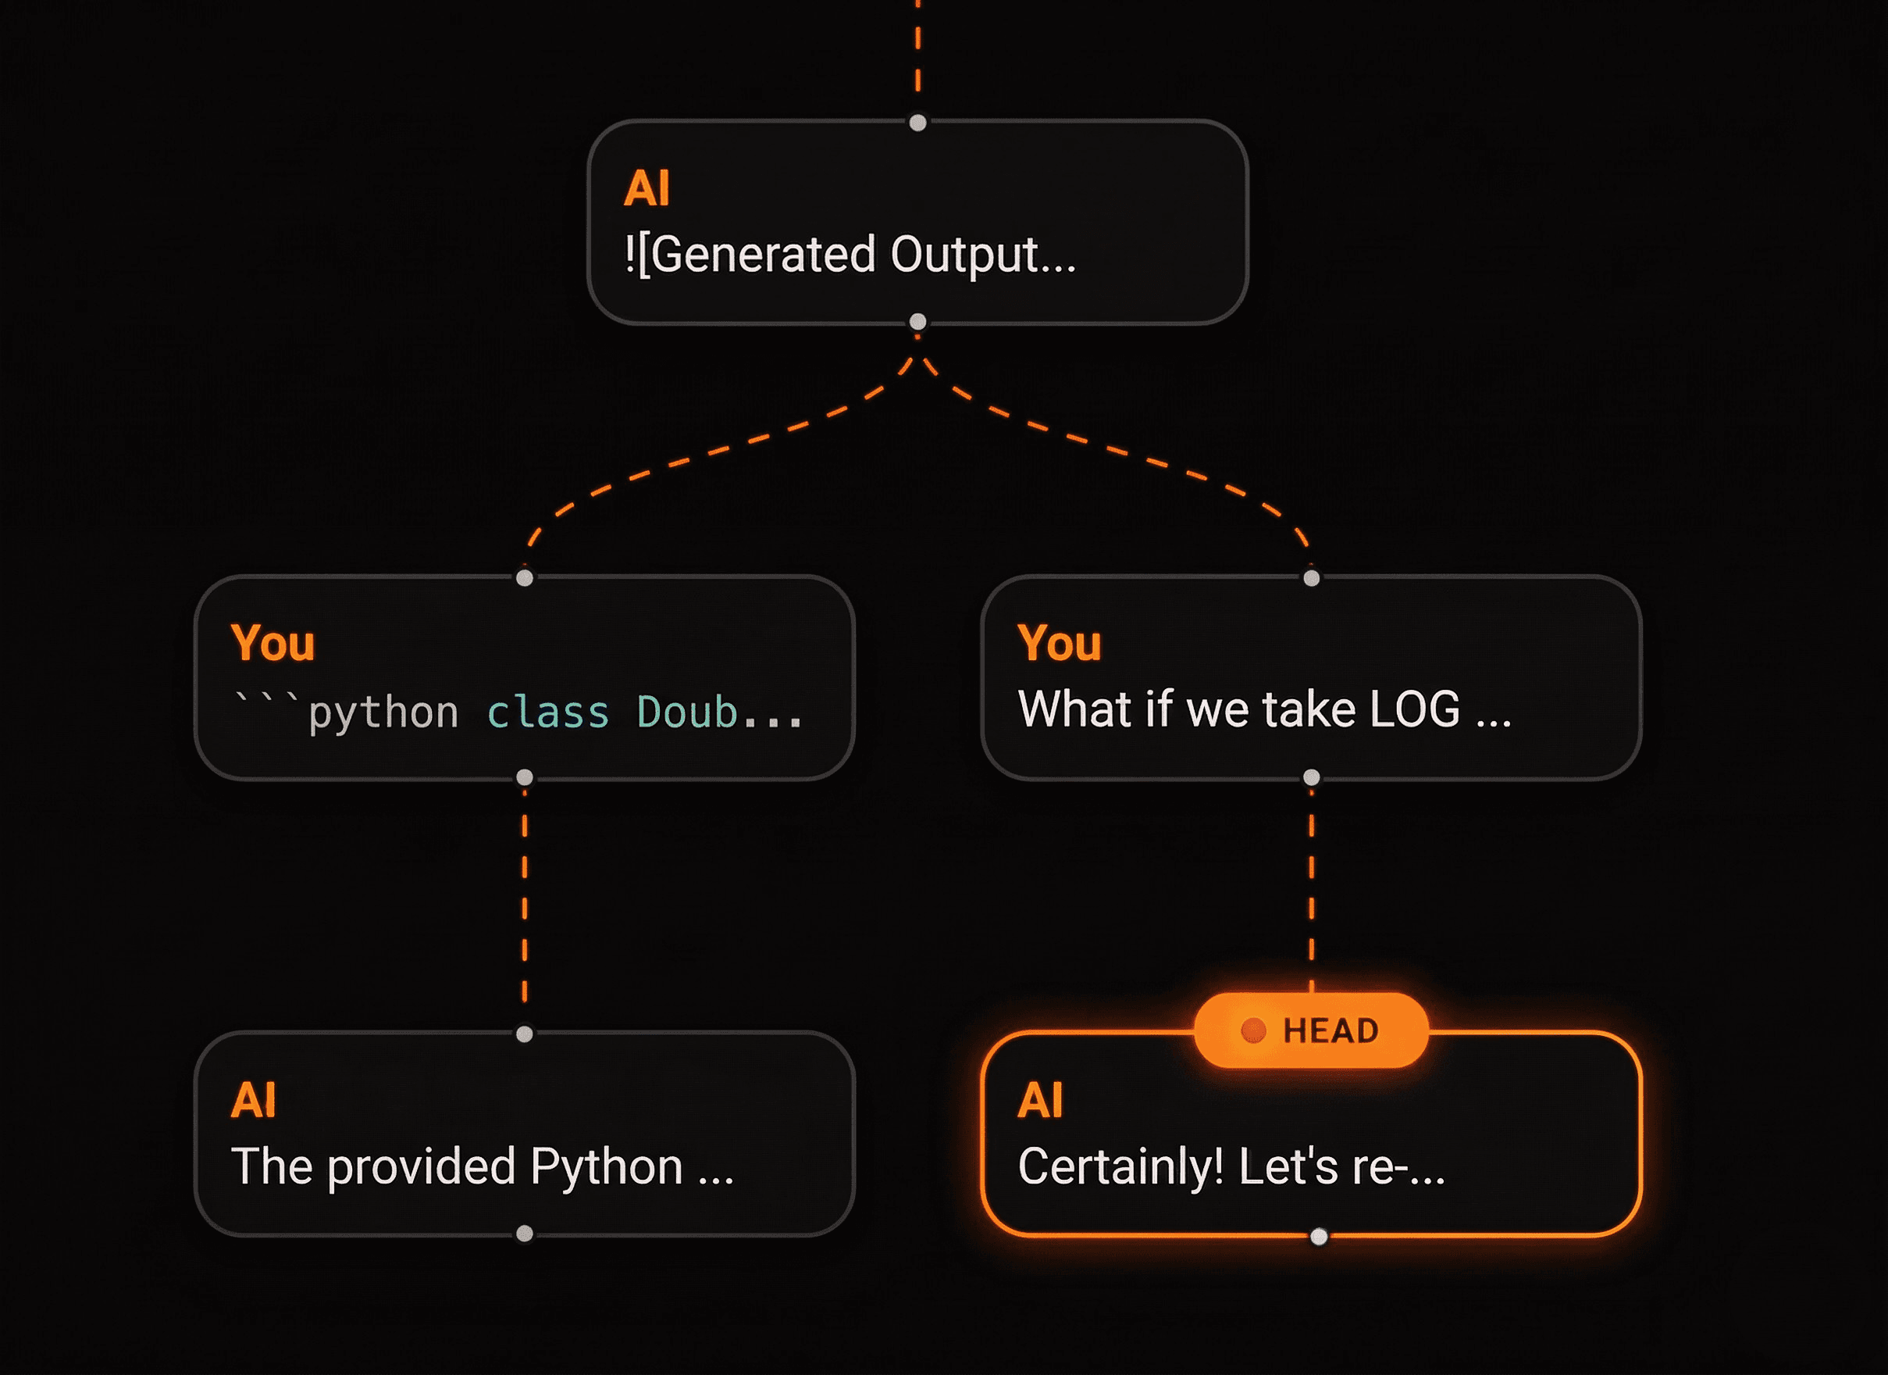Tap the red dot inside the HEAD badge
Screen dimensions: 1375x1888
[x=1253, y=1030]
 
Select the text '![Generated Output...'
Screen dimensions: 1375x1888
[x=849, y=254]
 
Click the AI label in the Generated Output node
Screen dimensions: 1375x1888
[x=647, y=188]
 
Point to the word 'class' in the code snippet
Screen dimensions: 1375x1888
[x=548, y=713]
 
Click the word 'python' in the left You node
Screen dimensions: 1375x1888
[x=383, y=713]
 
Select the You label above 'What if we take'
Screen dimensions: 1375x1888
[x=1059, y=643]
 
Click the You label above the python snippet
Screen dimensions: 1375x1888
[x=273, y=643]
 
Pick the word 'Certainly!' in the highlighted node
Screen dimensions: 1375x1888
[x=1120, y=1166]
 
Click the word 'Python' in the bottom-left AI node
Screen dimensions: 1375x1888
[x=606, y=1166]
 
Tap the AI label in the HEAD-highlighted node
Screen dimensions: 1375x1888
[x=1040, y=1100]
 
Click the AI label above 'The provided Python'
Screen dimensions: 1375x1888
[x=253, y=1100]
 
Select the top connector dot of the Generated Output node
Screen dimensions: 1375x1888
[x=917, y=123]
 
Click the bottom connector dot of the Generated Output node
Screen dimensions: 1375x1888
[x=917, y=321]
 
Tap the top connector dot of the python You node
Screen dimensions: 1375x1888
[x=525, y=578]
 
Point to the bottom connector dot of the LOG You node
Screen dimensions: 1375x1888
[x=1311, y=777]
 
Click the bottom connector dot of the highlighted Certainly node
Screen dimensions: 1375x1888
[x=1319, y=1237]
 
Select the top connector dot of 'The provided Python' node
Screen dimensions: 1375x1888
[x=525, y=1034]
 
